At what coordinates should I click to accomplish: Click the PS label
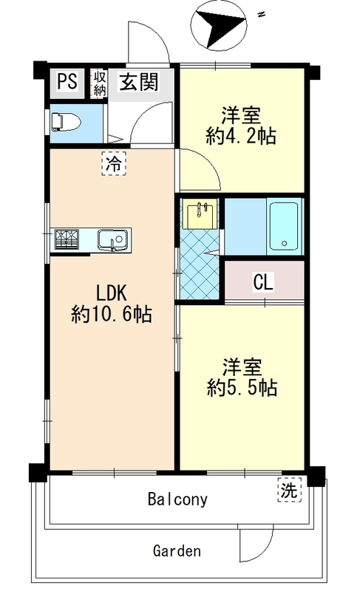point(67,81)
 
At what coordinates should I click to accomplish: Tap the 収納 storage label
point(100,83)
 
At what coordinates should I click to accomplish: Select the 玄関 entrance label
point(139,81)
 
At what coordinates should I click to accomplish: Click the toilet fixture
point(66,123)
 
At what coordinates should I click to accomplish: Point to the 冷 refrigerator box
point(113,163)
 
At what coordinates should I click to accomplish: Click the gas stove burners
point(67,239)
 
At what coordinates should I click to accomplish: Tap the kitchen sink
point(113,240)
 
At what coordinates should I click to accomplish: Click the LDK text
point(112,293)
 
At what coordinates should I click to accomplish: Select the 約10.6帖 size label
point(112,314)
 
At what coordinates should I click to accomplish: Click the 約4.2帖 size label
point(241,136)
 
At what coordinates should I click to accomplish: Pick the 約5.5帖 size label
point(242,388)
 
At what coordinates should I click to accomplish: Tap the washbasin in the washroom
point(200,214)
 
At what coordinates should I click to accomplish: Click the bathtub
point(284,227)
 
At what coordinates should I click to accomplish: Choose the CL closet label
point(263,281)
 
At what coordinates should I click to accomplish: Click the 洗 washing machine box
point(290,490)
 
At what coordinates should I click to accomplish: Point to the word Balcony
point(177,499)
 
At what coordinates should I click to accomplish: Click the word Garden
point(177,550)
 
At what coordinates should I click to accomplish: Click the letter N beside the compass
point(260,15)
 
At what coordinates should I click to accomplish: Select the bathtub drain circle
point(285,244)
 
